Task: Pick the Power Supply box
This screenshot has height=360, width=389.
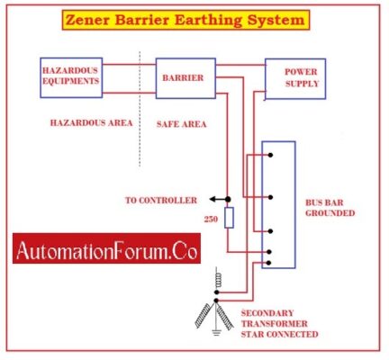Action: coord(294,80)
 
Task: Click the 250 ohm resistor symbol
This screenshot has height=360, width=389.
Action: coord(229,218)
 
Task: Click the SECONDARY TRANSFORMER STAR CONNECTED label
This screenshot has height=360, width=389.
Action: coord(278,323)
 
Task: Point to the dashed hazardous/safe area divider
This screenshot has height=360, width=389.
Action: coord(140,108)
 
